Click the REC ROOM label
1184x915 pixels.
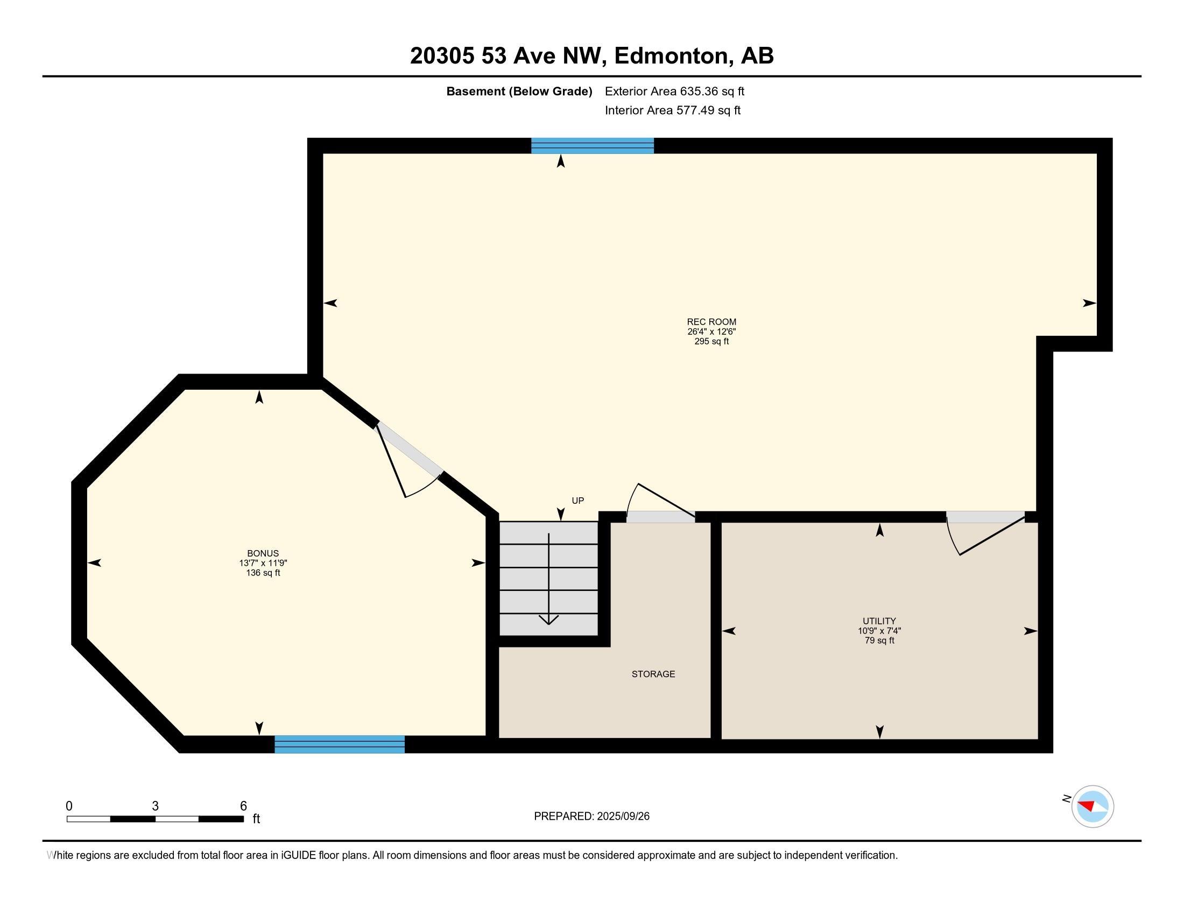(x=711, y=322)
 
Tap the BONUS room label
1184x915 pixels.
(x=263, y=553)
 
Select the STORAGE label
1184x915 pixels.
(x=653, y=674)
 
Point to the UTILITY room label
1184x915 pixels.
(x=879, y=621)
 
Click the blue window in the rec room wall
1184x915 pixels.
(x=593, y=146)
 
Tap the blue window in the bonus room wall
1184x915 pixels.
(x=340, y=744)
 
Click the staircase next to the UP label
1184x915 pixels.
(x=548, y=579)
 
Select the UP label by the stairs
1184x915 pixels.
(x=578, y=501)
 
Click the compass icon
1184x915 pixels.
(x=1093, y=806)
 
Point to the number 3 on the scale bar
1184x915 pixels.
(x=156, y=806)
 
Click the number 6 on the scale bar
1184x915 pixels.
(x=244, y=806)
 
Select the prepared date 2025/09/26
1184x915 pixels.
(x=623, y=817)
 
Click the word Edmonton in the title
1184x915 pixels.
(x=671, y=56)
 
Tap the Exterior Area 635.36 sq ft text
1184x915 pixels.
(x=674, y=91)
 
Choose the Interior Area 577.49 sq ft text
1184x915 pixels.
(x=673, y=110)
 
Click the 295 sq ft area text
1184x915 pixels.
(x=711, y=341)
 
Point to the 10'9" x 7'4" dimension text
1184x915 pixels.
(x=879, y=631)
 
